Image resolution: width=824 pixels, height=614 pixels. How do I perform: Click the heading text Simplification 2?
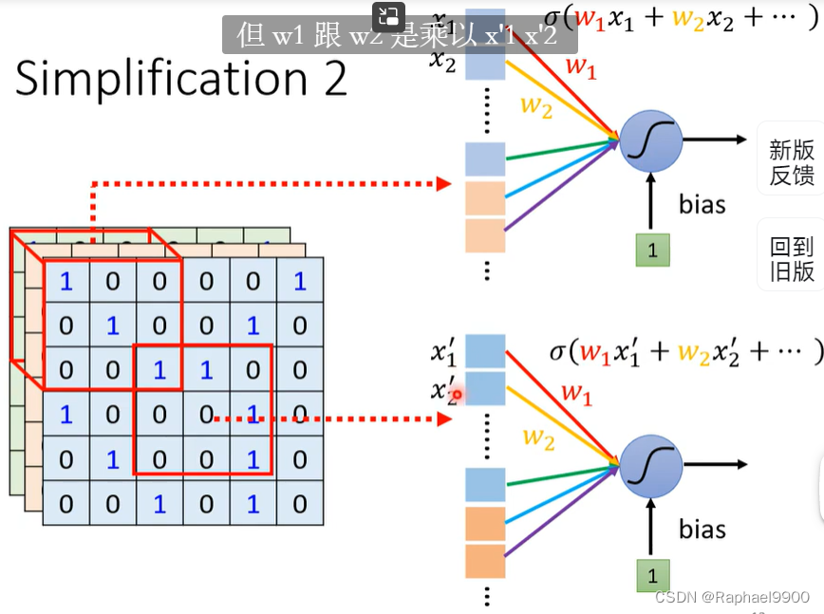(181, 79)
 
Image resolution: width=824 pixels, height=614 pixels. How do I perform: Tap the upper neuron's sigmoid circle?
(651, 140)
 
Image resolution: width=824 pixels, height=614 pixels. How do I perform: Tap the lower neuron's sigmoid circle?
(651, 466)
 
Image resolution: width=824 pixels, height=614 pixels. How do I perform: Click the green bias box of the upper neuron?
(652, 251)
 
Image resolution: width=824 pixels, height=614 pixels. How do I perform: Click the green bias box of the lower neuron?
(652, 576)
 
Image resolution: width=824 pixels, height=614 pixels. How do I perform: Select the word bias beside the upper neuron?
(702, 204)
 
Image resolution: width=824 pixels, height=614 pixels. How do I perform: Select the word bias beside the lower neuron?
(702, 529)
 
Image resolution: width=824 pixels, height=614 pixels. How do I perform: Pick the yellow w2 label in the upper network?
(535, 107)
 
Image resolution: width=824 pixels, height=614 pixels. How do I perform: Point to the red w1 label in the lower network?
(576, 392)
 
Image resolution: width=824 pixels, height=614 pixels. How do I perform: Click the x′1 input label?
(444, 353)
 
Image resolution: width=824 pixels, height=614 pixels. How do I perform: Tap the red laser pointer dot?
(457, 394)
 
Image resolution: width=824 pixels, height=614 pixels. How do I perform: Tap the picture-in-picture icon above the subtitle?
(388, 14)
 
